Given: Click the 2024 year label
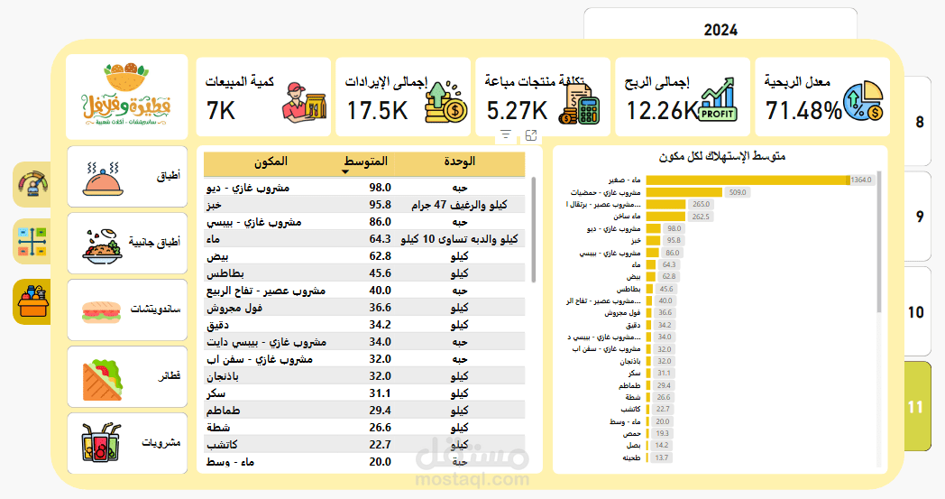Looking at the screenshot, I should (x=720, y=30).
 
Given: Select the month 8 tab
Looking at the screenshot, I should (x=919, y=122).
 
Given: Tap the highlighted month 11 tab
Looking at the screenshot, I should (x=915, y=407).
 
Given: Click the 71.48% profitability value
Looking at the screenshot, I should (x=803, y=110).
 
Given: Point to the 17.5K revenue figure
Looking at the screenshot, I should (x=377, y=110).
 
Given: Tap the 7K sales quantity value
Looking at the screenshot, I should (x=220, y=110).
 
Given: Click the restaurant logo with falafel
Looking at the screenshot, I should (x=126, y=96).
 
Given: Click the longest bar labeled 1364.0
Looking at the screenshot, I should (x=748, y=180).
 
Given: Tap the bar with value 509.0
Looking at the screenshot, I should (x=684, y=192).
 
